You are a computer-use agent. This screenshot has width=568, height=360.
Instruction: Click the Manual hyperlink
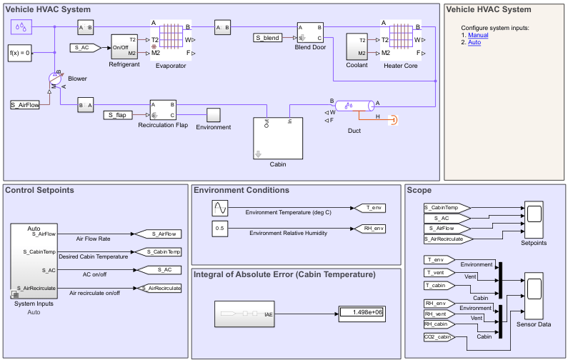(478, 34)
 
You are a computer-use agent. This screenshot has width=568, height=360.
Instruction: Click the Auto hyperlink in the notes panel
(474, 42)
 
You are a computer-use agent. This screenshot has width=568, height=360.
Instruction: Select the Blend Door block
(310, 33)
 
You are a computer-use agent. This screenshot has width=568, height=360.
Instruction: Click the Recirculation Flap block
(162, 110)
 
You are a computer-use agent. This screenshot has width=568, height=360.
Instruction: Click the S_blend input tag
(270, 37)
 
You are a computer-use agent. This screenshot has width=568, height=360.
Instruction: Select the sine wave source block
(220, 208)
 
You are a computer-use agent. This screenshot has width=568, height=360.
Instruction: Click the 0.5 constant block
(220, 229)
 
